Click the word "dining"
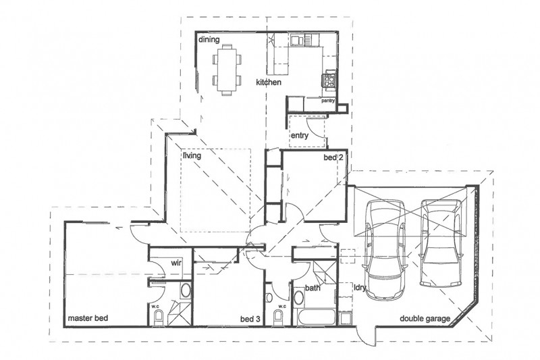click(x=209, y=40)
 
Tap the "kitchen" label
click(x=268, y=82)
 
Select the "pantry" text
click(x=329, y=101)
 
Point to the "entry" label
click(x=300, y=135)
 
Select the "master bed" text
click(x=88, y=317)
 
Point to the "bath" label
click(x=313, y=288)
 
